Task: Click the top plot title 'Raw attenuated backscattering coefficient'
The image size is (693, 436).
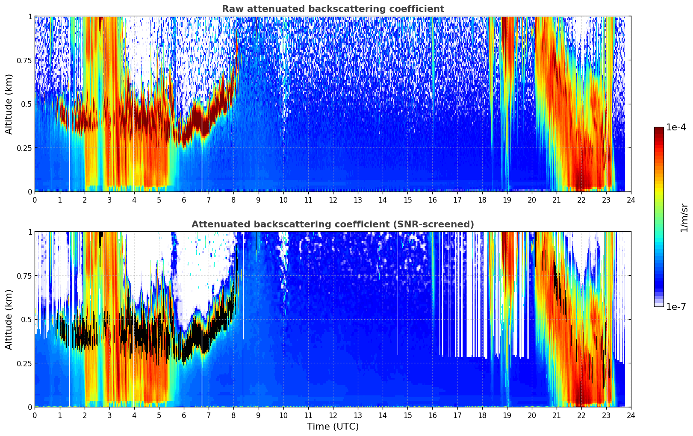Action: tap(333, 9)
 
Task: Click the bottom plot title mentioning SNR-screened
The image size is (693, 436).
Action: tap(333, 224)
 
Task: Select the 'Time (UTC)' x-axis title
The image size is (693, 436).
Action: tap(333, 427)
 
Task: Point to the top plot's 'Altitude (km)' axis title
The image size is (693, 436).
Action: tap(9, 104)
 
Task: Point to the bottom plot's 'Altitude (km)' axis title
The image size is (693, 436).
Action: tap(9, 319)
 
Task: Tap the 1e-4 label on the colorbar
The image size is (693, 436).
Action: tap(676, 127)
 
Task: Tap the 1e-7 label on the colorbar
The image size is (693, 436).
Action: tap(676, 306)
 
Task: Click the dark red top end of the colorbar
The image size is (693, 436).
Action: tap(659, 129)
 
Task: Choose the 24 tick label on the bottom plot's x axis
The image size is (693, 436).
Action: tap(631, 415)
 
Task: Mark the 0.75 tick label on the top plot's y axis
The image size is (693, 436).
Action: tap(25, 60)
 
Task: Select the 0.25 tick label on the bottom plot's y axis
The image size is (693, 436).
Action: tap(25, 363)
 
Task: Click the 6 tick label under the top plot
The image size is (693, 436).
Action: tap(184, 200)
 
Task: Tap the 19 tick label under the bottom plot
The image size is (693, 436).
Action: tap(507, 415)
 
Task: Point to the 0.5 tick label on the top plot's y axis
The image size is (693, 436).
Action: tap(27, 104)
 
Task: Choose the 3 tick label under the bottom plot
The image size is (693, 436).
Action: tap(109, 415)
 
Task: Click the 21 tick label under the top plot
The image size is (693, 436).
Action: tap(556, 200)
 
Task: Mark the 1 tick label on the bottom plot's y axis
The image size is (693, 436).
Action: tap(30, 232)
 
